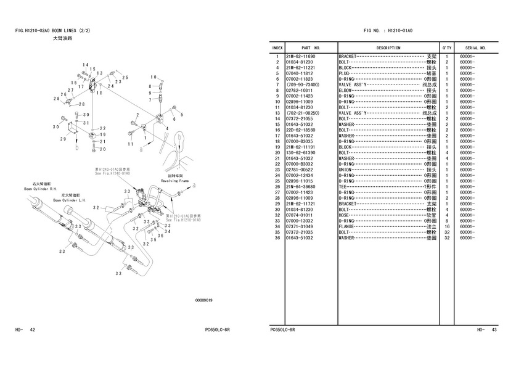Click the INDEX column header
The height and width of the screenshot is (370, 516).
[x=277, y=47]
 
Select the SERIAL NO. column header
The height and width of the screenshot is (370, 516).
[x=475, y=47]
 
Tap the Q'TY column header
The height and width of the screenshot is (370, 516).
[x=446, y=47]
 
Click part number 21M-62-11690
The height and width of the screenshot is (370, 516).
[x=300, y=57]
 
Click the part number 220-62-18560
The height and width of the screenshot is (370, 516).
[x=300, y=130]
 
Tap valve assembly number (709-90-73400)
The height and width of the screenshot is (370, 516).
[x=303, y=84]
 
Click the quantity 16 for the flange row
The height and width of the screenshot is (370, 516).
[x=446, y=226]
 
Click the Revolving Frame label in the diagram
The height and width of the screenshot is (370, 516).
[x=174, y=181]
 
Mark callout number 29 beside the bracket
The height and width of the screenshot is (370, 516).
[x=63, y=139]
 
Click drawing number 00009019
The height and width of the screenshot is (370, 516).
[x=203, y=300]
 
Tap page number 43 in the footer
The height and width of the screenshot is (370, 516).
[x=494, y=330]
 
